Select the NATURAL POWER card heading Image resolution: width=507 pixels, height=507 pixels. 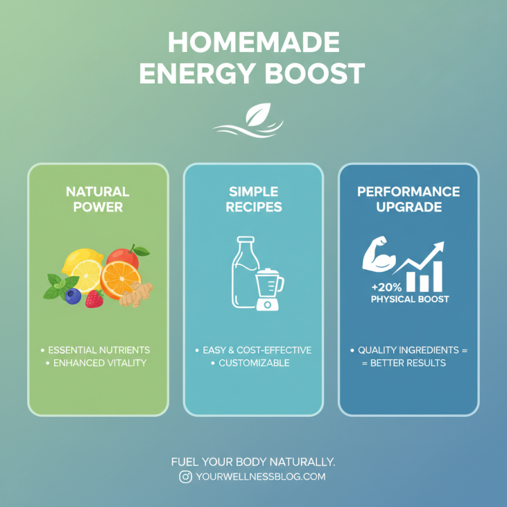98,199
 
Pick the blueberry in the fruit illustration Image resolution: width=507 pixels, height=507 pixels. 74,296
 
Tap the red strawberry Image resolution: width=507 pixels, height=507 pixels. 94,298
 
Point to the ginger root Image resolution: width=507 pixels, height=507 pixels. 136,293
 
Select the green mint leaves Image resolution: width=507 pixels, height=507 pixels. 58,285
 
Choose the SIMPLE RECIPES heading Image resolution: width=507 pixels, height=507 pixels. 253,199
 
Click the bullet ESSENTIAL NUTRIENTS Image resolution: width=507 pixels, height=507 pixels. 99,350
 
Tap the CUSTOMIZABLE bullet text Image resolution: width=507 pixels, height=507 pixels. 253,363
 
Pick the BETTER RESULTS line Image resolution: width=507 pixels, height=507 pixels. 409,363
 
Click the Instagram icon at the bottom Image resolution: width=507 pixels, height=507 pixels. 185,477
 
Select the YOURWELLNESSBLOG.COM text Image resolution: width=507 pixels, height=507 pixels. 260,477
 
